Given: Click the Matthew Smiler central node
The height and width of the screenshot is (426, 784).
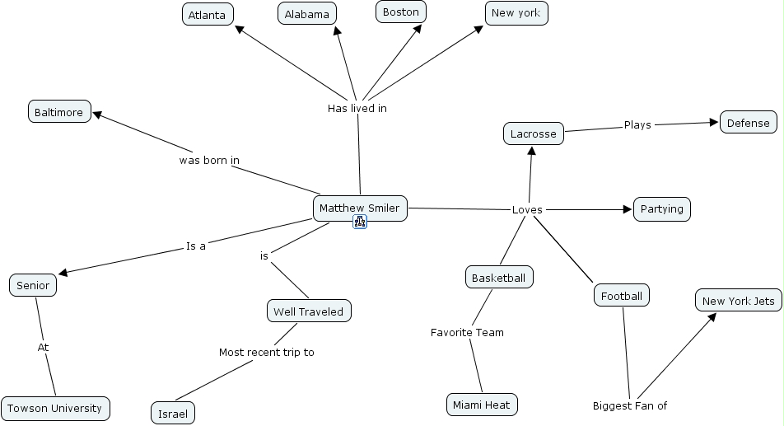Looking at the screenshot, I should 360,208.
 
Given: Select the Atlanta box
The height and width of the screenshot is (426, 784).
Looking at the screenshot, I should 208,15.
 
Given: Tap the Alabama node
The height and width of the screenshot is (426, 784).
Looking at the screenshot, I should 307,14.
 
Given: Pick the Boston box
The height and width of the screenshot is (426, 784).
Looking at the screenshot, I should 401,12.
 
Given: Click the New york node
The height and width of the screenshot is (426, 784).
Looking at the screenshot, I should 516,12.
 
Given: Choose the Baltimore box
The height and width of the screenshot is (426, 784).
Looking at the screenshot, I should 59,112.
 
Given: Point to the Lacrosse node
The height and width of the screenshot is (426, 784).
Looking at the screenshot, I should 533,133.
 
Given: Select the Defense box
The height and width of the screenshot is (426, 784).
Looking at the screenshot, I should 749,123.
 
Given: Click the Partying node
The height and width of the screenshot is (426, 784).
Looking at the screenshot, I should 661,209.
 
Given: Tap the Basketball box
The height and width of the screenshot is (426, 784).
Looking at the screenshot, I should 498,278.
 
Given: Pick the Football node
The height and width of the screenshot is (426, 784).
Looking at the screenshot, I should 622,295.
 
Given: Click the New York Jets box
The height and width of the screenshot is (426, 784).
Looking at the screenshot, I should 738,301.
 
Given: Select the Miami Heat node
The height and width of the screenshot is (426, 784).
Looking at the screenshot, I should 482,404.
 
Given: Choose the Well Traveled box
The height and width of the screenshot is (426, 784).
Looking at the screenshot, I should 309,311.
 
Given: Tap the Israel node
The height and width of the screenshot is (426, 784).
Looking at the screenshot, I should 173,412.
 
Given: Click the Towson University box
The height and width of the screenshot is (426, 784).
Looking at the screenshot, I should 54,408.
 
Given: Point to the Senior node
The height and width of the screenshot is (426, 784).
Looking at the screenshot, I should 33,286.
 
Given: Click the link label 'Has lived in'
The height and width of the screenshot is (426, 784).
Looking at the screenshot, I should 357,108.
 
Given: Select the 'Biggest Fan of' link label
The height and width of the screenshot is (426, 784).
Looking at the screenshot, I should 630,405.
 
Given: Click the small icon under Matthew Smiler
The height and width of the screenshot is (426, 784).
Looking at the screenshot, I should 360,222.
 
